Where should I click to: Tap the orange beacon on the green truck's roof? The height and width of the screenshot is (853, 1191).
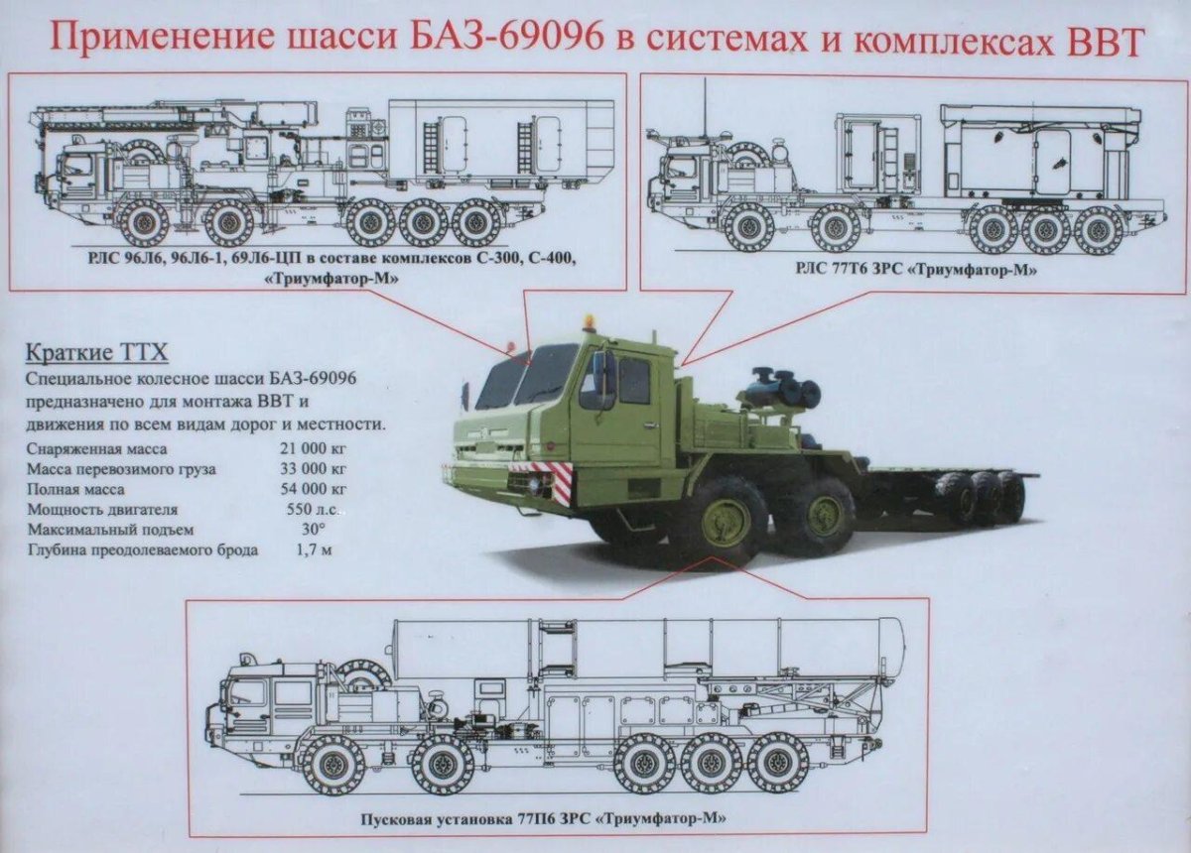pyautogui.click(x=589, y=322)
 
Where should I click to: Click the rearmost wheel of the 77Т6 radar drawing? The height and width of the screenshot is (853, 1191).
pyautogui.click(x=1100, y=229)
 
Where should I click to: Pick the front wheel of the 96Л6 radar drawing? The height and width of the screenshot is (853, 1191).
pyautogui.click(x=144, y=222)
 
